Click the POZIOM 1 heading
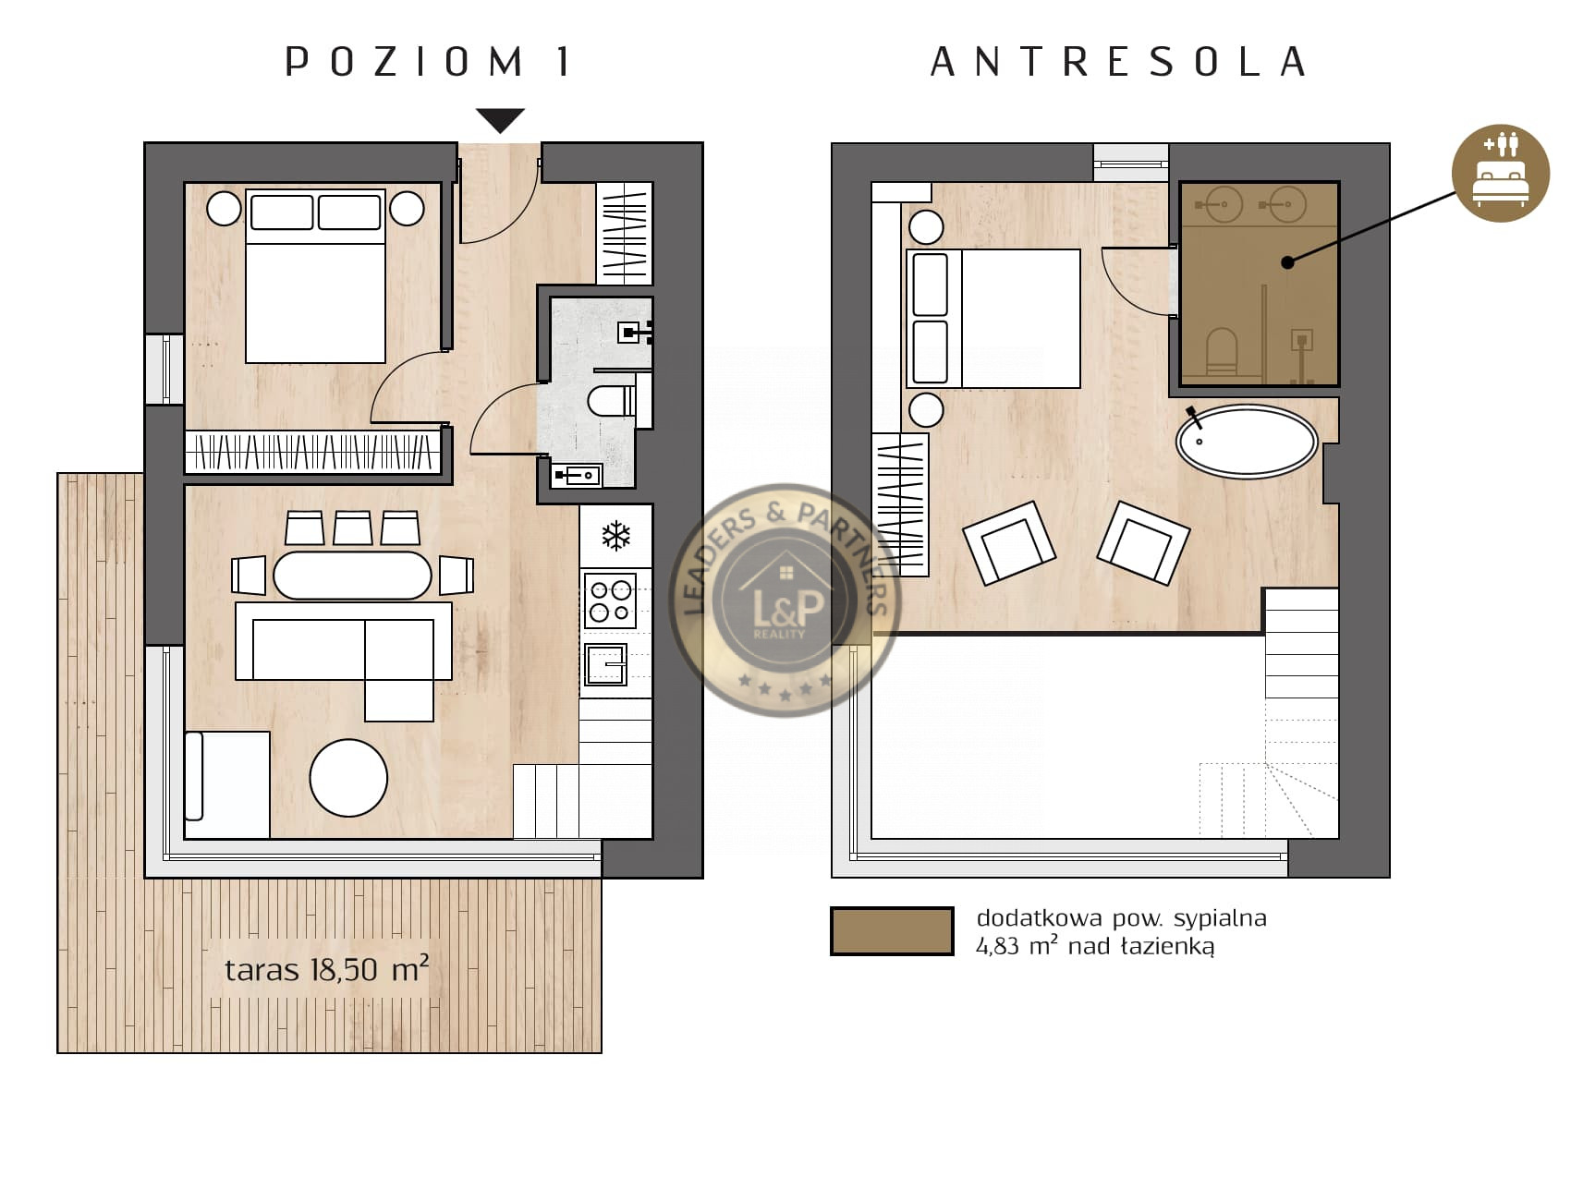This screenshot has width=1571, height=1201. coord(427,62)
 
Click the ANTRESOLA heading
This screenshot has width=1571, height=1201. coord(1117,62)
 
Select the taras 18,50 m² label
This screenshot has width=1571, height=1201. coord(326,969)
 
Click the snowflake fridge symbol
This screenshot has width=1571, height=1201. coord(615,535)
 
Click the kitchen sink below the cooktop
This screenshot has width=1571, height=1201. coord(606,664)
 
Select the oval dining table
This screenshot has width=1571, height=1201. coord(352,575)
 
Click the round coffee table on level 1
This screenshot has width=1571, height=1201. coord(348,778)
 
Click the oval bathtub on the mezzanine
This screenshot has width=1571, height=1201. coord(1247,441)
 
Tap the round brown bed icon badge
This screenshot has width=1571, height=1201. coord(1500,173)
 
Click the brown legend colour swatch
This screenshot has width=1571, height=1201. coord(892,930)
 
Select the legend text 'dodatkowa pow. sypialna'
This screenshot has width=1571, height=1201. coord(1121,917)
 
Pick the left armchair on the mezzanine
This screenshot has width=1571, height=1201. coord(1009,543)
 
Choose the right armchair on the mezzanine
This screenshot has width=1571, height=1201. coord(1143,543)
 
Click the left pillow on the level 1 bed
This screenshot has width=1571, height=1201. coord(282,212)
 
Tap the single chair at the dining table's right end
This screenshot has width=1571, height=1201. coord(457,575)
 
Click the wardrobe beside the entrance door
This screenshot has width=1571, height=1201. coord(625,233)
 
